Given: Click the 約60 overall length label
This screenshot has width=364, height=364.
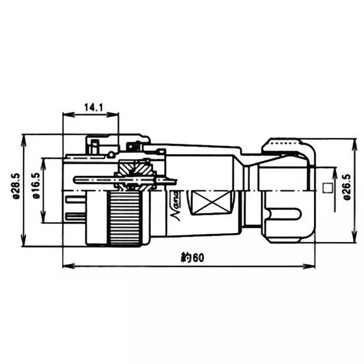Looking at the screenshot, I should (x=191, y=258).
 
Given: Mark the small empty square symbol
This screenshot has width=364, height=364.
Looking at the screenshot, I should (x=326, y=187).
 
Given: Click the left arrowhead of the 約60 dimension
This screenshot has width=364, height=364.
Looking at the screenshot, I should (x=65, y=266).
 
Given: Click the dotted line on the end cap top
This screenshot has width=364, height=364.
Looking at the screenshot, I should (x=287, y=142).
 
